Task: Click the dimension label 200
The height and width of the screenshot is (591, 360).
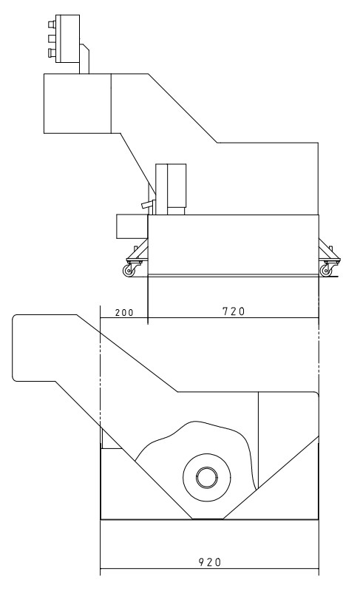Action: coord(124,312)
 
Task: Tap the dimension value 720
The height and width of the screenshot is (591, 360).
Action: coord(234,311)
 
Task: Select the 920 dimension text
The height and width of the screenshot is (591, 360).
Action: coord(210,562)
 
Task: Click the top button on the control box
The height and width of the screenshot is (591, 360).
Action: coord(52,24)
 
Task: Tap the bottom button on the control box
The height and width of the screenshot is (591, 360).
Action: coord(52,53)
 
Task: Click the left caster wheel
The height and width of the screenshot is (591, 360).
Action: coord(129,270)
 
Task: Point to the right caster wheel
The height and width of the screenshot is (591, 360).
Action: coord(325,270)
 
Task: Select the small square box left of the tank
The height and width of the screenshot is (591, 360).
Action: coord(132,226)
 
